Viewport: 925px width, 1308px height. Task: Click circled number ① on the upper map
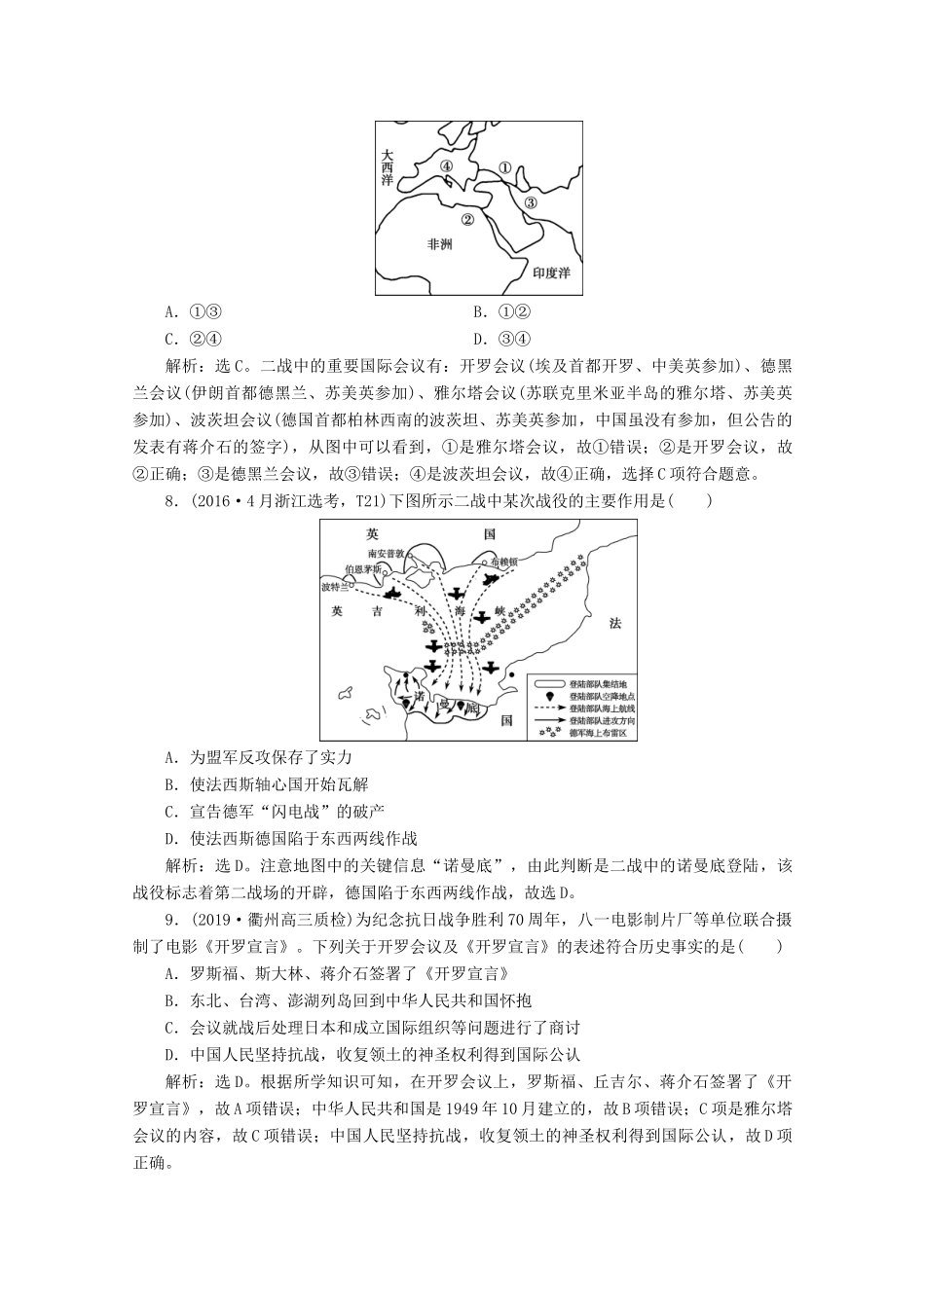504,167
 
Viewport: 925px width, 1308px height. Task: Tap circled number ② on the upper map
467,220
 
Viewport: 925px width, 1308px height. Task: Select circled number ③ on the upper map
531,203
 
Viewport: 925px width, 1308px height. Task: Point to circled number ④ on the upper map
446,167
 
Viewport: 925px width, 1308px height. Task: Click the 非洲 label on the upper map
439,244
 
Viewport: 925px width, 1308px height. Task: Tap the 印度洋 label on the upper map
551,273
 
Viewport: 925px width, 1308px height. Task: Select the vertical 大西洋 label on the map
388,167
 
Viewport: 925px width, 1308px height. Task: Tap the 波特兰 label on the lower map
335,587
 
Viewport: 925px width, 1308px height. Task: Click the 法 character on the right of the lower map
614,623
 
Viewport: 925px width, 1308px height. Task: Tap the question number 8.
173,501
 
